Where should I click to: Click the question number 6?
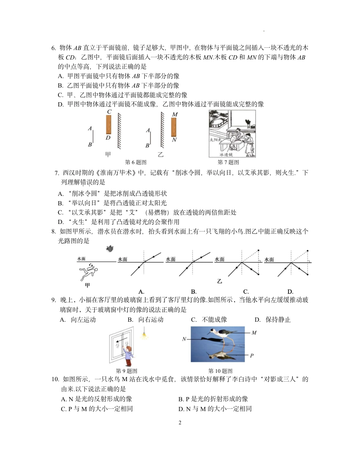point(53,48)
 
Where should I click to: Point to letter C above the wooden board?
point(109,112)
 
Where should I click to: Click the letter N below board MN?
point(174,139)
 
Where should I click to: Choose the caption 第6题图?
point(136,162)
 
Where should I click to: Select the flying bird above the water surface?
point(110,249)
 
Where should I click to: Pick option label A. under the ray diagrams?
point(141,292)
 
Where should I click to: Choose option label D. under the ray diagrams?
point(290,292)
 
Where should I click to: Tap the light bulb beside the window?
point(144,335)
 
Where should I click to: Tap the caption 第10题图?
point(220,371)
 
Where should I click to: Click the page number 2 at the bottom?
point(180,422)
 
